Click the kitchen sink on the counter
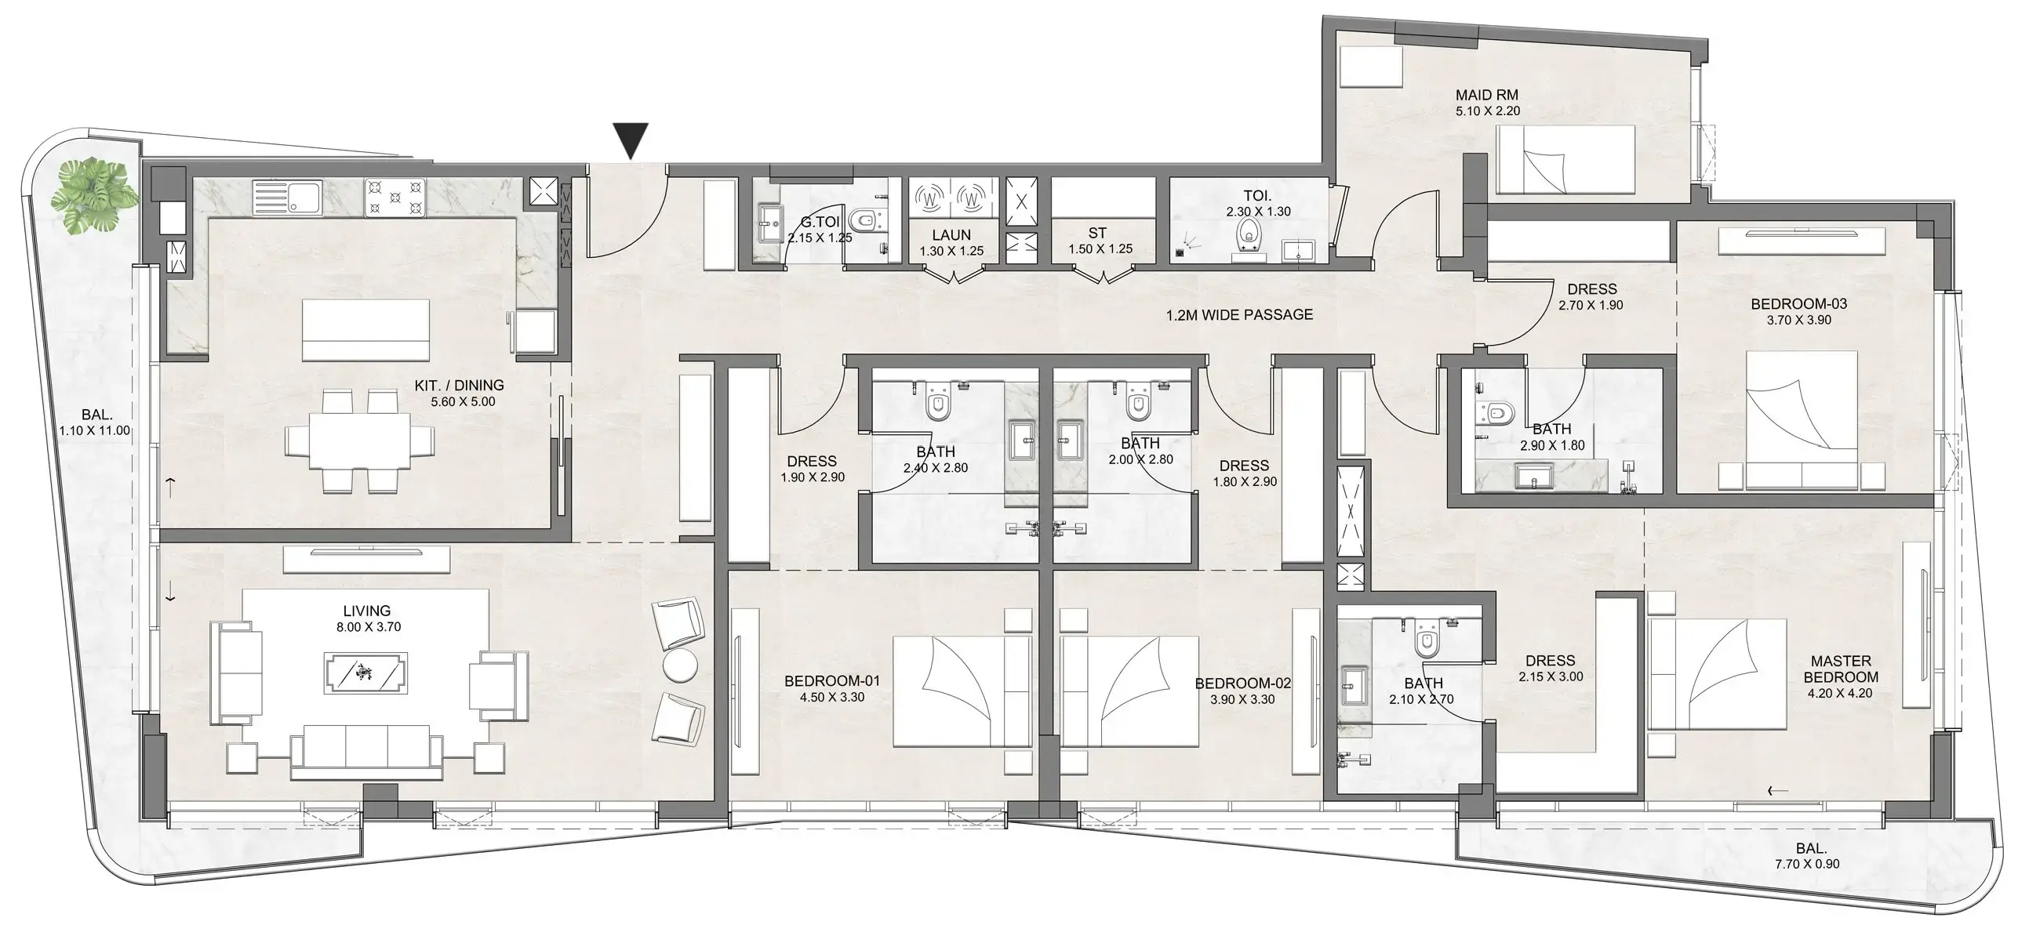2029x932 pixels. coord(287,197)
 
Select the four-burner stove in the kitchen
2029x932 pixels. coord(395,198)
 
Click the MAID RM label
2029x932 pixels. coord(1486,96)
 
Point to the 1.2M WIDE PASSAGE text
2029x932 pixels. coord(1239,315)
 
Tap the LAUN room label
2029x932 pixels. coord(951,234)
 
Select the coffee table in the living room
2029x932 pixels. coord(366,673)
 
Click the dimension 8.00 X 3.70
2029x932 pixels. coord(368,627)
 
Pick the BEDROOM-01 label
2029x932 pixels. coord(832,681)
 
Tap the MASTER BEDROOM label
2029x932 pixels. coord(1840,669)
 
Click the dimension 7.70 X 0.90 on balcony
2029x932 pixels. coord(1812,864)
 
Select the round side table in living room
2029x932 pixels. coord(681,665)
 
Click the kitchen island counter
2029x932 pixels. coord(366,330)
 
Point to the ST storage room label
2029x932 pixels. coord(1097,233)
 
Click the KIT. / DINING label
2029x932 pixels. coord(458,385)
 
